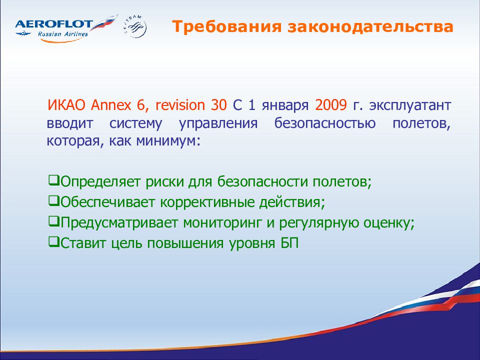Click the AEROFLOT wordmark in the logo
pos(54,24)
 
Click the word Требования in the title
pos(226,26)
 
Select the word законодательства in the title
pos(370,26)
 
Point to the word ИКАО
pos(66,105)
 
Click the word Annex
pos(111,105)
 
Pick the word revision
pos(180,105)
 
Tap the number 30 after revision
pos(218,105)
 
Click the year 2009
pos(331,105)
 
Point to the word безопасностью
pos(325,123)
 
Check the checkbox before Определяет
pos(53,180)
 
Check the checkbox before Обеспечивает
pos(53,200)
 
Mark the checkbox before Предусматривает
pos(53,221)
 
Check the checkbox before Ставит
pos(53,241)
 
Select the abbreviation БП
pos(289,243)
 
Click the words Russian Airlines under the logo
pos(63,34)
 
